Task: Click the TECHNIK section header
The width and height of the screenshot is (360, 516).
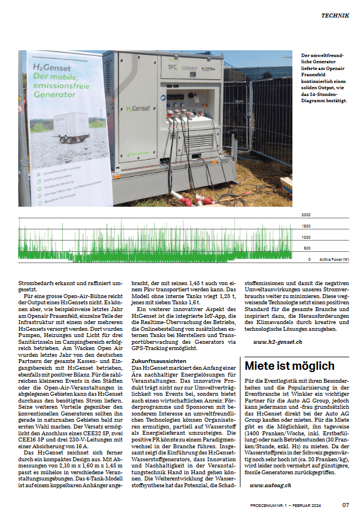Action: click(x=335, y=16)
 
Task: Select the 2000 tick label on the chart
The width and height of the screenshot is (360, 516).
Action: click(x=306, y=216)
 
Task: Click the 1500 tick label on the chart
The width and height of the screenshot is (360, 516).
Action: click(x=306, y=226)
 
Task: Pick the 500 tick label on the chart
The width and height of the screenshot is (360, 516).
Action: click(x=307, y=248)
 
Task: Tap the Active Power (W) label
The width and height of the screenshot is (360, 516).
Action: click(x=334, y=260)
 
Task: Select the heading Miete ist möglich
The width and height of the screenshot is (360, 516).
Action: click(x=289, y=366)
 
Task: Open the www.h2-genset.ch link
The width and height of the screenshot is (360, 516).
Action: click(x=278, y=342)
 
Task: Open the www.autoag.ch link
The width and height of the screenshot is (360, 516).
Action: click(x=270, y=485)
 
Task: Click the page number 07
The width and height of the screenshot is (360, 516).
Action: click(x=345, y=505)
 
